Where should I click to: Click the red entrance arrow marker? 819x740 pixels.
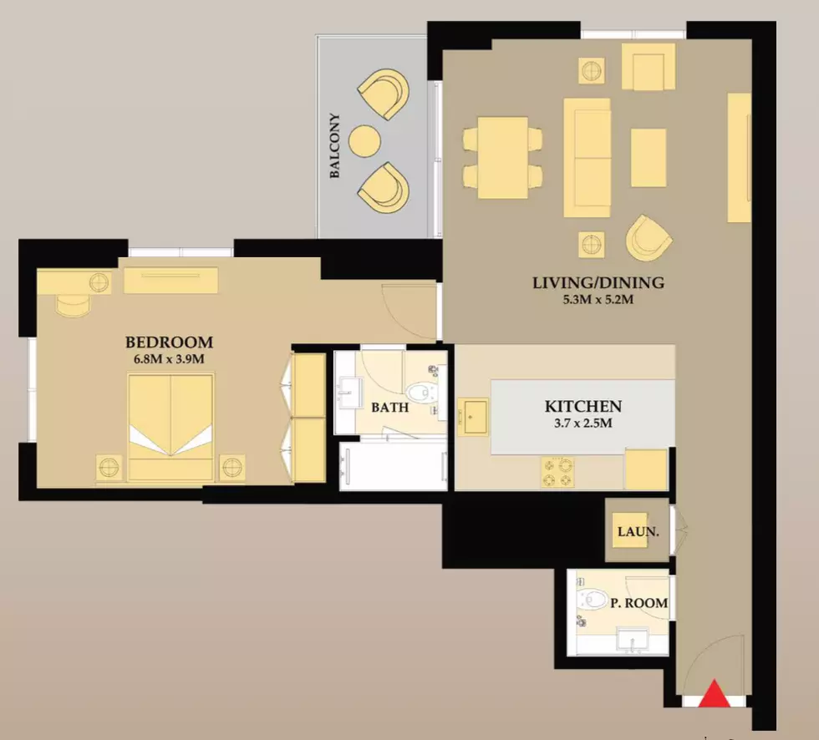click(714, 695)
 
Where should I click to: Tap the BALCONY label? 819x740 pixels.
click(335, 145)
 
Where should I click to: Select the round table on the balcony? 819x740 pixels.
click(364, 141)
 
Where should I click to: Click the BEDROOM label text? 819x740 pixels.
click(169, 342)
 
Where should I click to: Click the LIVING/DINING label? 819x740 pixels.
click(598, 283)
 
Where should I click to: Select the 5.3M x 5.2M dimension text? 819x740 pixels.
click(598, 300)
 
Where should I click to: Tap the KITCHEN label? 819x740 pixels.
click(583, 406)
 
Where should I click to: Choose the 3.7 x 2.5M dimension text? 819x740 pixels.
click(583, 423)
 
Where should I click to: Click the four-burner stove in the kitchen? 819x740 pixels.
click(558, 472)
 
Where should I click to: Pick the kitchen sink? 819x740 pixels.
click(473, 417)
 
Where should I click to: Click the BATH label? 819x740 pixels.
click(389, 408)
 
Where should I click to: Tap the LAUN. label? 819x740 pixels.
click(638, 532)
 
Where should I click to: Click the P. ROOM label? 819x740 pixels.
click(639, 603)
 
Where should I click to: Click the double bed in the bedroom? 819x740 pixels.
click(170, 426)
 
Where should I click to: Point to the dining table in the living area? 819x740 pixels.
click(502, 157)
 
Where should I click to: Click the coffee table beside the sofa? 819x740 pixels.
click(649, 158)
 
